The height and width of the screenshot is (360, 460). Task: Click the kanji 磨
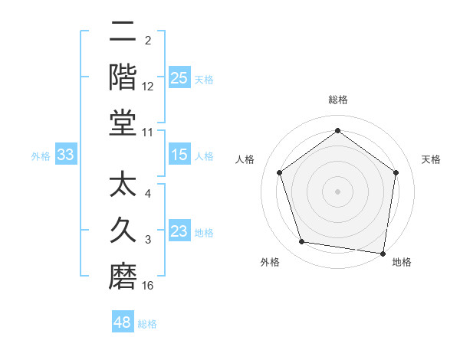coord(123,276)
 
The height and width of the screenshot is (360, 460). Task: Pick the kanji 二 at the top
coord(123,32)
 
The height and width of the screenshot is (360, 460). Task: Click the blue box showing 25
coord(179,77)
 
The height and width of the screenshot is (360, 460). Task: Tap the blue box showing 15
coord(179,155)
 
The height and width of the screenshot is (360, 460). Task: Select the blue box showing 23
coord(179,231)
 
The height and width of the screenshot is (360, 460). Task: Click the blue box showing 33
coord(66,155)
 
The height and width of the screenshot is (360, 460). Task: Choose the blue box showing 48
coord(123,322)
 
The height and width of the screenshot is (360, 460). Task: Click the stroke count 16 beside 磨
coord(148,286)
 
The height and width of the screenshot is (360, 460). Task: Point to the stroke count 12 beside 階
coord(148,87)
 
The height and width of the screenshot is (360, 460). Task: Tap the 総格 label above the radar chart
coord(337,100)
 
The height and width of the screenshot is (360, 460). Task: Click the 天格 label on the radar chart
coord(431,159)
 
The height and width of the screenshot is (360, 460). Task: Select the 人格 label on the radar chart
coord(245,159)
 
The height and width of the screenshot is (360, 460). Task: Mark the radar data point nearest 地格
coord(383,253)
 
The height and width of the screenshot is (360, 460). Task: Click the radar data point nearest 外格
coord(302,242)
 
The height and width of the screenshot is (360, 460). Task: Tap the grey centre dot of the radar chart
coord(337,191)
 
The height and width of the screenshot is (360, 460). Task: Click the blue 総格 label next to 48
coord(148,324)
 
